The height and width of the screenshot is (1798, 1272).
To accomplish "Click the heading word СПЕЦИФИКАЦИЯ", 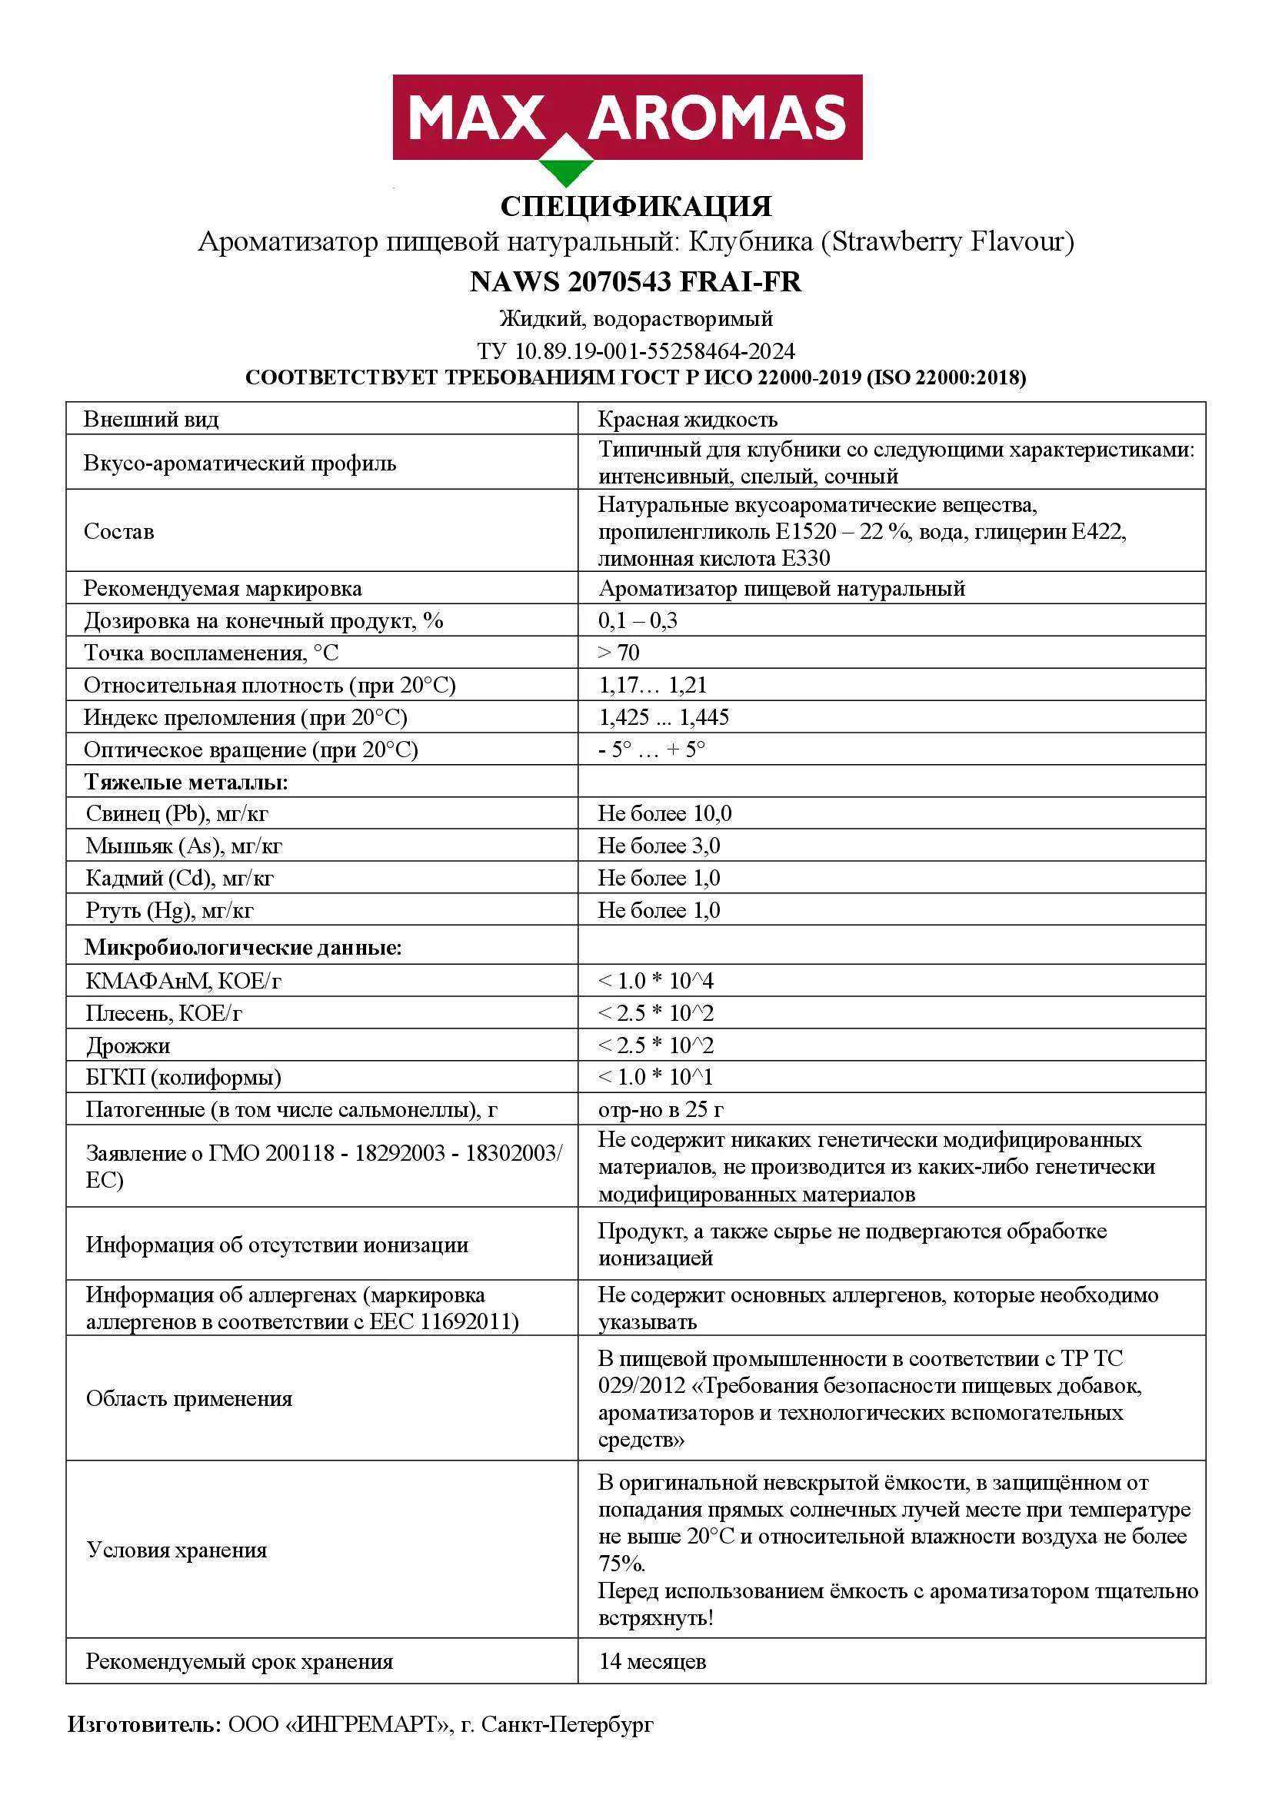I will click(x=635, y=207).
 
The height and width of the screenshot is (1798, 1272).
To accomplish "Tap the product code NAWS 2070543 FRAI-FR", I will click(x=635, y=282).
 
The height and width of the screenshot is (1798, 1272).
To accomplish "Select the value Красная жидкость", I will click(x=687, y=420).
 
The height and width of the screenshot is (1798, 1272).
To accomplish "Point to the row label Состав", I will click(x=119, y=532).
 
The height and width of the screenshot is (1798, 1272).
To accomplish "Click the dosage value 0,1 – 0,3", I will click(x=638, y=621).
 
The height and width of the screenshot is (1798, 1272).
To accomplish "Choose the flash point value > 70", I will click(x=619, y=653).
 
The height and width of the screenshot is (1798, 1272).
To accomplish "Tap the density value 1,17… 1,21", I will click(x=652, y=685).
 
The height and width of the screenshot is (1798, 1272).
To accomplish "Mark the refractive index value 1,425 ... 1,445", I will click(x=664, y=717).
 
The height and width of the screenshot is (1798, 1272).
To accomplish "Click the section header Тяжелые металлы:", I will click(x=186, y=783).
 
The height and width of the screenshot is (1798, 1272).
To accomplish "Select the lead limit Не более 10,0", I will click(x=664, y=813).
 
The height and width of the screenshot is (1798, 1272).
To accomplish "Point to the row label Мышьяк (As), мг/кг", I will click(x=183, y=846).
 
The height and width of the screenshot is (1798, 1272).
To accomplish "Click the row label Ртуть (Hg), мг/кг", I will click(x=169, y=910).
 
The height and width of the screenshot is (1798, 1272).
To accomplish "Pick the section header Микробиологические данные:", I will click(x=243, y=948).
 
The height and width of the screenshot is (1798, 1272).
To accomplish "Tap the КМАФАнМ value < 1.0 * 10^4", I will click(x=655, y=980).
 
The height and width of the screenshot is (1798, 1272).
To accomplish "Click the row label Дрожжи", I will click(x=128, y=1045).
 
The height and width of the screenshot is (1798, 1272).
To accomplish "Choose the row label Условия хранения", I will click(x=177, y=1550).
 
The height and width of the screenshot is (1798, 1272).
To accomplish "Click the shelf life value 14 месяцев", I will click(x=652, y=1661).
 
